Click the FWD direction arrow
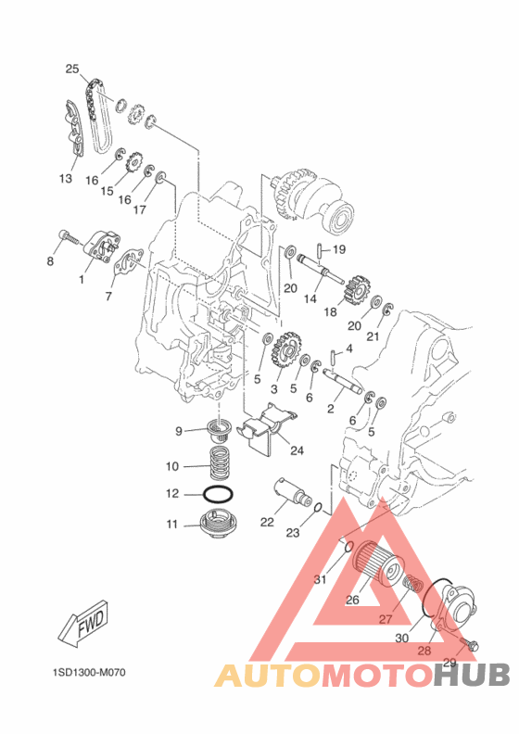84,623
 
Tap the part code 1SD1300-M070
89,673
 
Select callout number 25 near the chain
72,70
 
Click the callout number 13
66,178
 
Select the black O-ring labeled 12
218,494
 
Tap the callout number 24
297,450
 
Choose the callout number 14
310,298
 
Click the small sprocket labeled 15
134,165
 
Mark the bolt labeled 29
468,644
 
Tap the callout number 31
320,579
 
